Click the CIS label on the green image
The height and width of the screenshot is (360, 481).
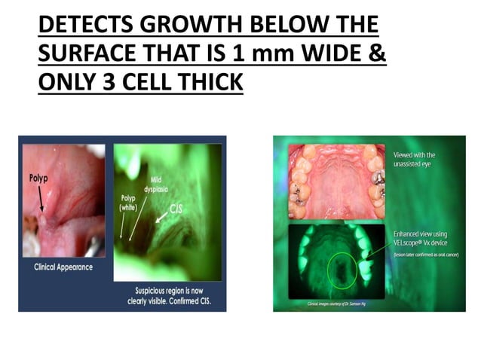click(x=178, y=207)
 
